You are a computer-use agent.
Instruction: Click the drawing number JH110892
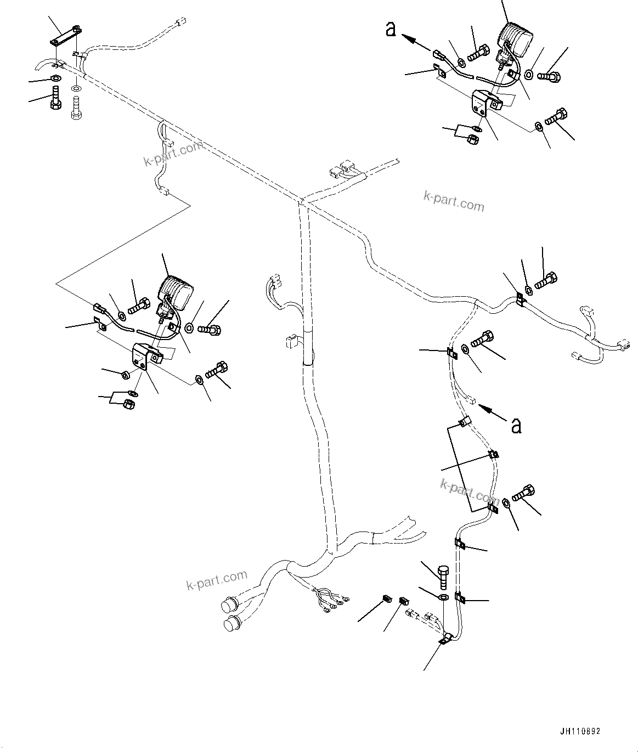pyautogui.click(x=580, y=732)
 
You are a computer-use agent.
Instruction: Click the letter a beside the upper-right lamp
pyautogui.click(x=391, y=29)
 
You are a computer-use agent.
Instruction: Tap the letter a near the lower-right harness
pyautogui.click(x=516, y=425)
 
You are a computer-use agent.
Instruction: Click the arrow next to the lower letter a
pyautogui.click(x=492, y=412)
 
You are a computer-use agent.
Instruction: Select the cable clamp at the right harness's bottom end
pyautogui.click(x=445, y=640)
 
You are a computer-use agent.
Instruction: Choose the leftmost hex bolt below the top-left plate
pyautogui.click(x=55, y=98)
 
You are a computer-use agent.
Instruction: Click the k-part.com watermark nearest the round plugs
pyautogui.click(x=217, y=580)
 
